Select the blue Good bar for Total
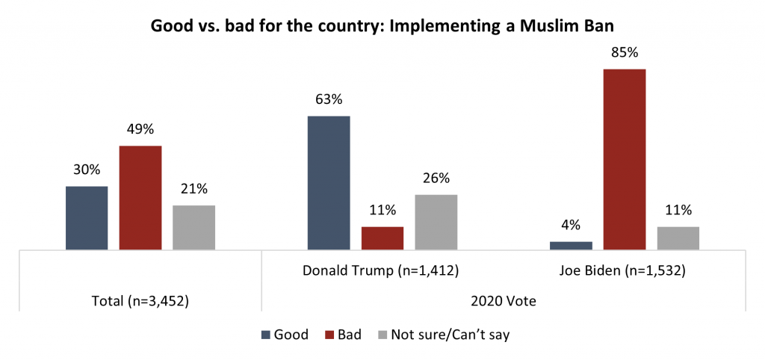87,217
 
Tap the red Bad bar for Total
140,197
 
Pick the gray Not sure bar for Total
193,227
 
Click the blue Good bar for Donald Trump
329,182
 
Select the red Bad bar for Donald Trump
382,238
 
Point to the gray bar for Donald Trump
436,222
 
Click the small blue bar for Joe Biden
571,245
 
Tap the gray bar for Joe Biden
678,238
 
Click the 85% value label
625,55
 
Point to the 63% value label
329,102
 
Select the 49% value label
140,131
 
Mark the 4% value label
571,227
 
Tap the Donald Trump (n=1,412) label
382,270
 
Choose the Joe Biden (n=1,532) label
625,270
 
